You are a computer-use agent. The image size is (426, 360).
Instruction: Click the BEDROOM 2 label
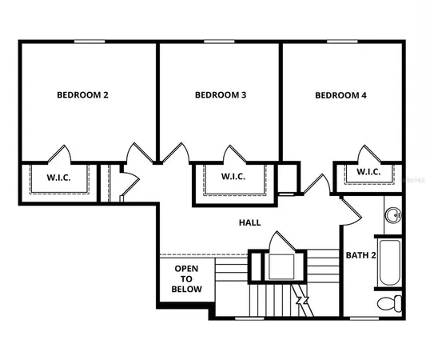click(82, 95)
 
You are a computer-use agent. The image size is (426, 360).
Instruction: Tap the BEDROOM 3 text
click(220, 95)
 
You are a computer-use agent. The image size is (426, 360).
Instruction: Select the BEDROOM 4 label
click(340, 95)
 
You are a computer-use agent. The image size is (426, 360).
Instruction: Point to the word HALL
click(249, 223)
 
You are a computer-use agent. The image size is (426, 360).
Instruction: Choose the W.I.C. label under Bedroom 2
click(58, 178)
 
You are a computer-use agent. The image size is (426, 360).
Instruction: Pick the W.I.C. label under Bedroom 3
click(233, 177)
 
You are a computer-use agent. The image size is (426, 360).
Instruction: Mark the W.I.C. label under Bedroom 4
click(368, 172)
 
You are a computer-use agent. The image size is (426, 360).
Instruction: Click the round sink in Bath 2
click(392, 214)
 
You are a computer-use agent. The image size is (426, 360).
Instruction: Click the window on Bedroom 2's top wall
click(90, 42)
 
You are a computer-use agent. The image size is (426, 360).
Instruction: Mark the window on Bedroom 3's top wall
click(219, 42)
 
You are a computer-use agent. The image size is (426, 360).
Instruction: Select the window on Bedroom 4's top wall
click(341, 42)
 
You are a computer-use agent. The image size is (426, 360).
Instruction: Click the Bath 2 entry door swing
click(349, 211)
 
